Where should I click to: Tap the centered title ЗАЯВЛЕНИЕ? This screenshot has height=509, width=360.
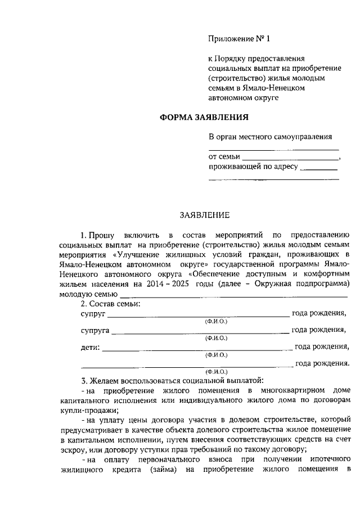[x=204, y=215]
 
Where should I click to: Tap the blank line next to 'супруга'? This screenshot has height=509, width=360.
[x=200, y=332]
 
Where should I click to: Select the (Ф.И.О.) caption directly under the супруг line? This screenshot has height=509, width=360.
[x=216, y=321]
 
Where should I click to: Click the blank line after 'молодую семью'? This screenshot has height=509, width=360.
[x=233, y=295]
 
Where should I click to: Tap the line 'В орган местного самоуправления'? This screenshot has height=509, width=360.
[x=270, y=137]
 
